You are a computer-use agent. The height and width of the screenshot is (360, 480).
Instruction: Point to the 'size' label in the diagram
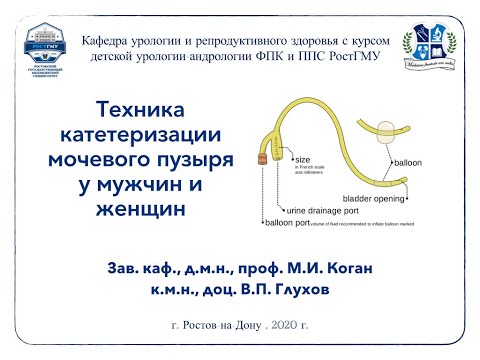point(302,158)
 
